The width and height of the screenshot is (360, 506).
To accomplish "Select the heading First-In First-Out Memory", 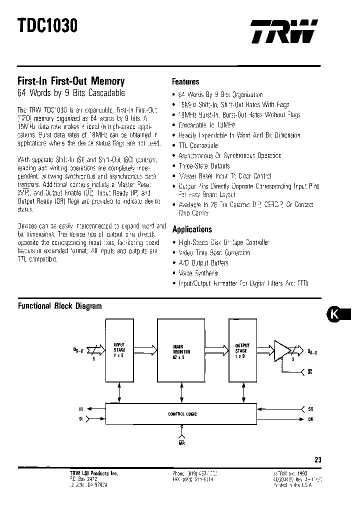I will pyautogui.click(x=71, y=81).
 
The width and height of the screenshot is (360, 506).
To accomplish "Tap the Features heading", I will pyautogui.click(x=185, y=81).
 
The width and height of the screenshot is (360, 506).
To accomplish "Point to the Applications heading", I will pyautogui.click(x=192, y=229).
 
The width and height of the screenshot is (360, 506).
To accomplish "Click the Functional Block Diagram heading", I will pyautogui.click(x=60, y=306).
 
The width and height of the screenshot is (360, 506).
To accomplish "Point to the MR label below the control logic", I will pyautogui.click(x=182, y=442).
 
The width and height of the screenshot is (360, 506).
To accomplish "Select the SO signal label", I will pyautogui.click(x=311, y=409).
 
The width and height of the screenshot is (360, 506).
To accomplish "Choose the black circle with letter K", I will pyautogui.click(x=335, y=314).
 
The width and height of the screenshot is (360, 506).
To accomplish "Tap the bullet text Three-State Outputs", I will pyautogui.click(x=204, y=165).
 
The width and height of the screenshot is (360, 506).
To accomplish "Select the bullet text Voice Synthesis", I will pyautogui.click(x=198, y=273).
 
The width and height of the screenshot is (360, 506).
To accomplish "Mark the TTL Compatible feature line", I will pyautogui.click(x=198, y=145).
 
